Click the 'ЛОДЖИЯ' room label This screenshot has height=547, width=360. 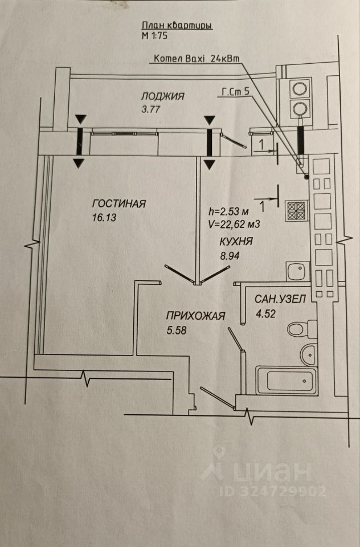[x=163, y=96]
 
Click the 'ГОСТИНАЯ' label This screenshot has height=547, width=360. [x=119, y=203]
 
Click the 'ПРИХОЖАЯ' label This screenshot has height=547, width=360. [x=196, y=316]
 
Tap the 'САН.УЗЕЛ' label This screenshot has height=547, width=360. [x=272, y=298]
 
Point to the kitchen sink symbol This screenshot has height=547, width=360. [x=296, y=271]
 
